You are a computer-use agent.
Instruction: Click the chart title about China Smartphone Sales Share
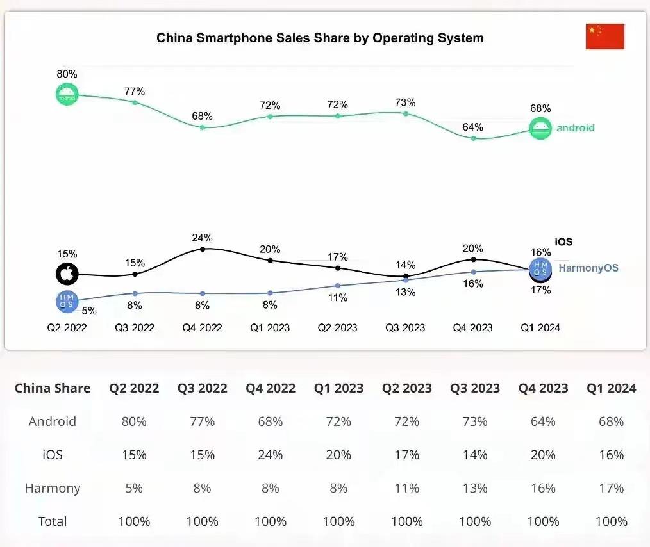click(x=320, y=38)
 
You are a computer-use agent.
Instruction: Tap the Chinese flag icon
click(x=604, y=37)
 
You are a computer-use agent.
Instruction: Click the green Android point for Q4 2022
click(x=203, y=127)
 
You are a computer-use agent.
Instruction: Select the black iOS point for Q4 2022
click(x=203, y=249)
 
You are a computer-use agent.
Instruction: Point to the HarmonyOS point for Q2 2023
click(x=338, y=286)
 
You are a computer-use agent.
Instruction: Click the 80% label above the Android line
click(x=67, y=74)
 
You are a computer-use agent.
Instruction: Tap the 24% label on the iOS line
click(x=202, y=238)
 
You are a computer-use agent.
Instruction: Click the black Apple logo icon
click(x=67, y=274)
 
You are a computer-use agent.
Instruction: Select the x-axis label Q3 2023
click(x=405, y=327)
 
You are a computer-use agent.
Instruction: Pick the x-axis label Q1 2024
click(x=540, y=327)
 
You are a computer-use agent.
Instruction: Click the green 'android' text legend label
click(x=575, y=127)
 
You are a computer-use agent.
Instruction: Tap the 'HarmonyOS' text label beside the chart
click(x=588, y=268)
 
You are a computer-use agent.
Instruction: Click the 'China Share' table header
click(x=53, y=388)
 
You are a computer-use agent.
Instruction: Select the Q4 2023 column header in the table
click(x=543, y=388)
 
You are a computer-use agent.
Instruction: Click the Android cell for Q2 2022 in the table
click(x=134, y=421)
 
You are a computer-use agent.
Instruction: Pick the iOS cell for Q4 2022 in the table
click(x=270, y=455)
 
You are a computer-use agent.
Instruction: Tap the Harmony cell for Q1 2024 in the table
click(x=611, y=488)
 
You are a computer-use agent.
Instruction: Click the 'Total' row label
click(x=53, y=521)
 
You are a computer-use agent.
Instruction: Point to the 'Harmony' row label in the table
click(x=53, y=488)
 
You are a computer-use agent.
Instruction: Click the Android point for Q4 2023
click(x=473, y=138)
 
